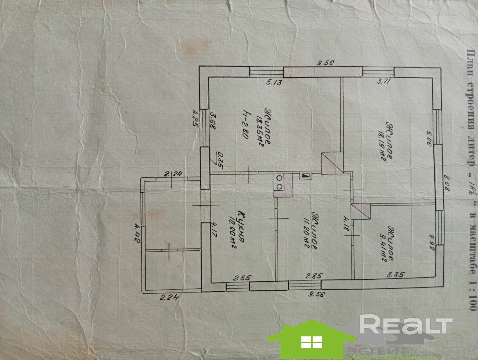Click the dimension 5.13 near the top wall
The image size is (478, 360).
pyautogui.click(x=274, y=82)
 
